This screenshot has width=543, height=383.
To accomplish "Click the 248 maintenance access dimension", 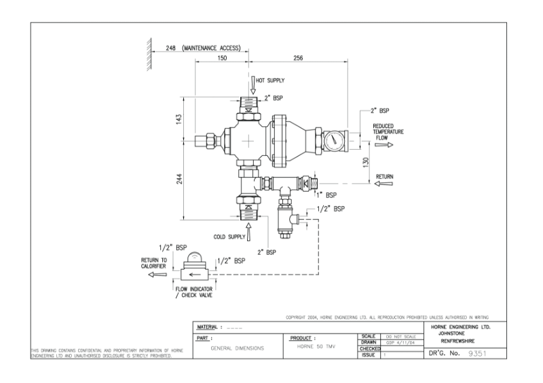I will tap(202, 49).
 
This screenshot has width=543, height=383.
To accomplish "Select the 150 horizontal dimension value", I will tap(221, 59).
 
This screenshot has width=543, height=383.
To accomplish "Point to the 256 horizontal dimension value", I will tap(298, 59).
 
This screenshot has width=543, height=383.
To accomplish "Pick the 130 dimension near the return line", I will tap(365, 162).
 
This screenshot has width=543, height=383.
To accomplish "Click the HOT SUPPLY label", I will tap(270, 80).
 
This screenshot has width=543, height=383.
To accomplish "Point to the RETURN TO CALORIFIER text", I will tap(153, 262).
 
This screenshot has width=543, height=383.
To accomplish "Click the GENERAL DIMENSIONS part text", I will tap(238, 346).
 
